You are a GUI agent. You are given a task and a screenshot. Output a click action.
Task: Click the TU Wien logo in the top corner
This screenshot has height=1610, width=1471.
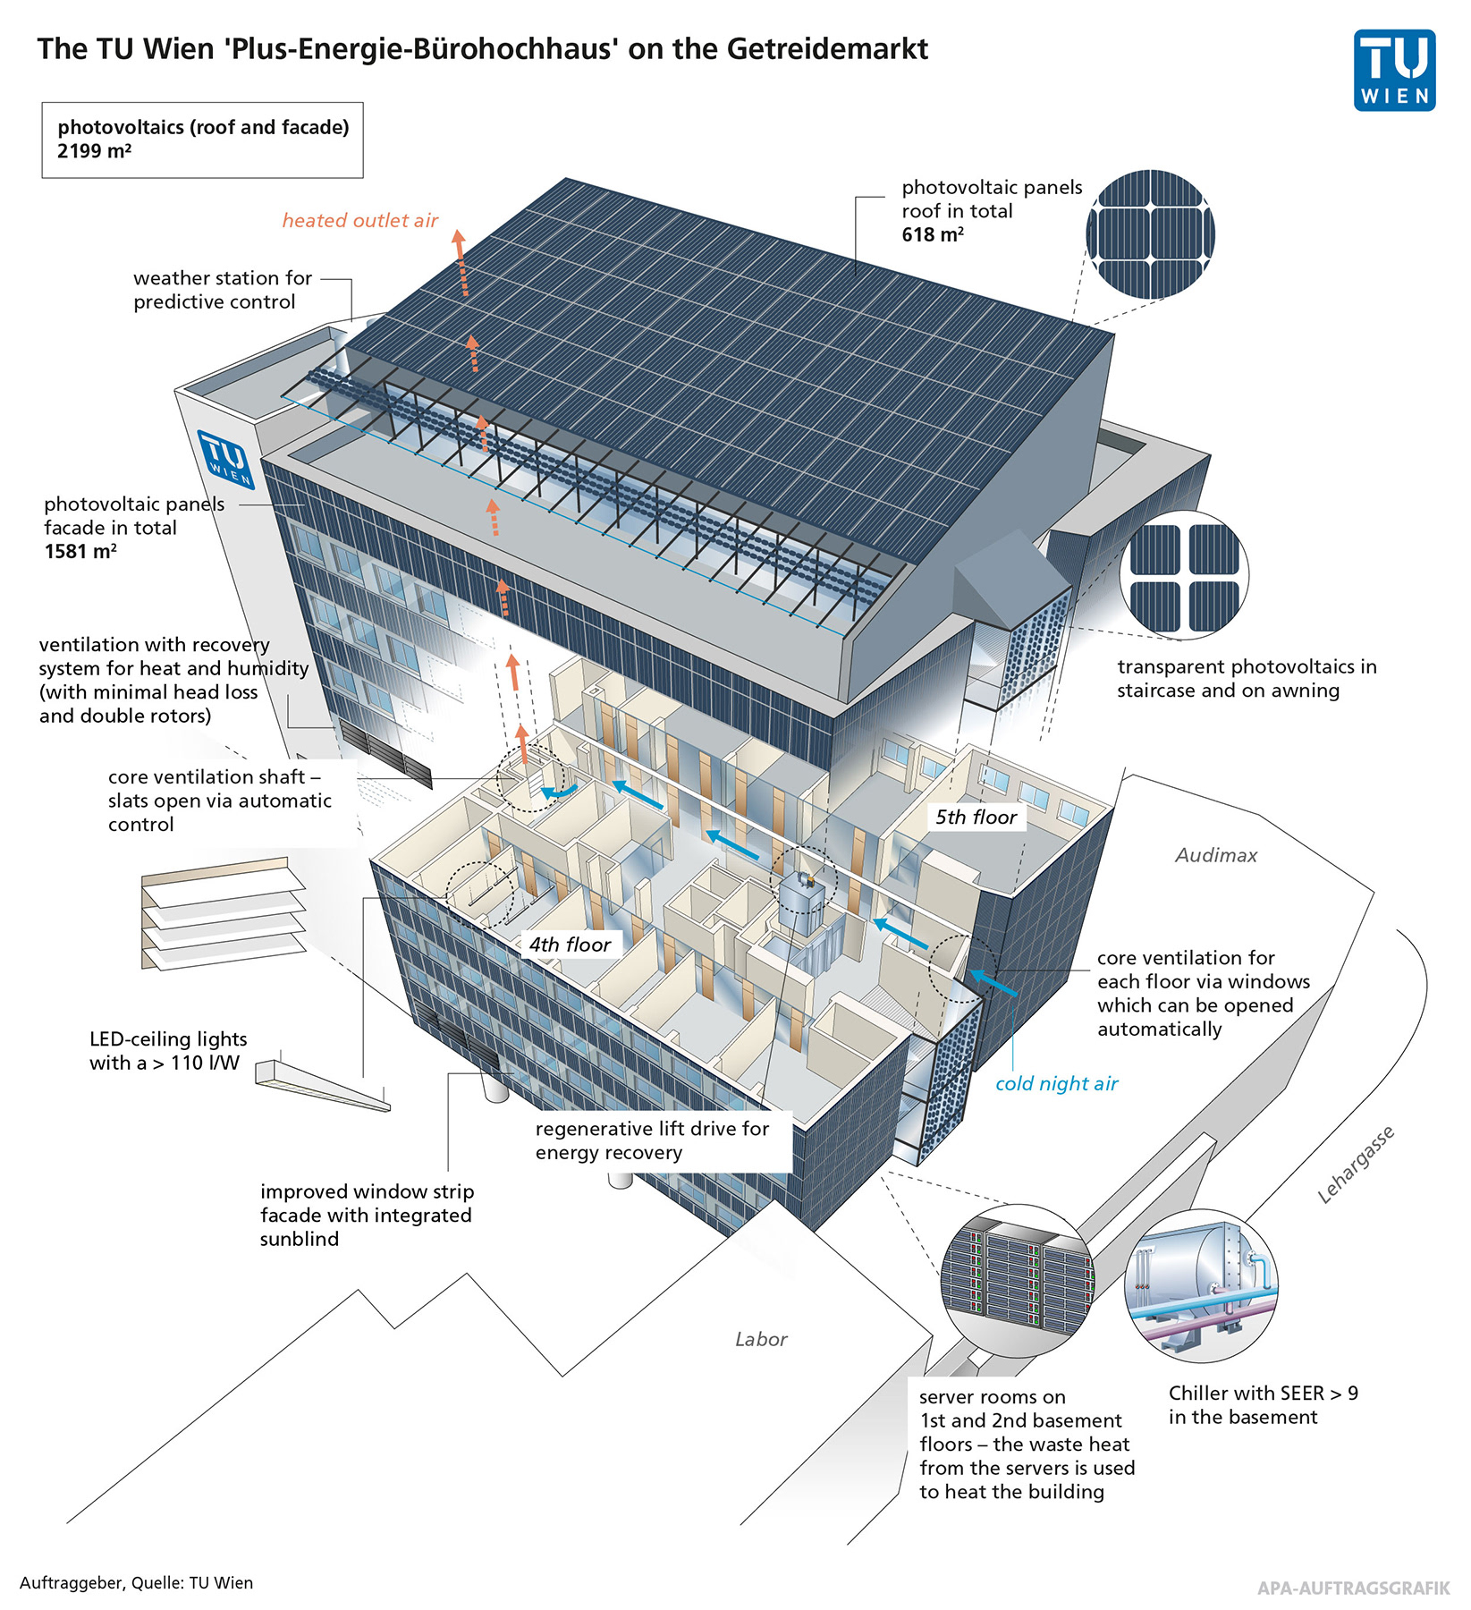point(1394,71)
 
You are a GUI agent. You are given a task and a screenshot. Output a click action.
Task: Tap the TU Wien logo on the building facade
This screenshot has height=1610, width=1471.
point(226,459)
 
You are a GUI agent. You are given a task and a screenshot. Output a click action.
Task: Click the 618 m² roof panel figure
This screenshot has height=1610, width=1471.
point(932,234)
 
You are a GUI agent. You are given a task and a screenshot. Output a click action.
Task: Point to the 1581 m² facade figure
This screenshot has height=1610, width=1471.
point(80,551)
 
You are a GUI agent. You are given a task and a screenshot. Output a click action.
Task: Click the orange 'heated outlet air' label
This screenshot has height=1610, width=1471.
point(360,220)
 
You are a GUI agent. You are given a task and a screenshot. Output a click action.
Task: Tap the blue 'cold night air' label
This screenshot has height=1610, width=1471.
point(1056,1083)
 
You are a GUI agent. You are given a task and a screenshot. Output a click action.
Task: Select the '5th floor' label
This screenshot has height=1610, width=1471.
point(976,817)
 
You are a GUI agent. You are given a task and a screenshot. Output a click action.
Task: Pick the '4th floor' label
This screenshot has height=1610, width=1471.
point(570,945)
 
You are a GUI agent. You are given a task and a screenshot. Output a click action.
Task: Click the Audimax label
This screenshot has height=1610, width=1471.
point(1216,855)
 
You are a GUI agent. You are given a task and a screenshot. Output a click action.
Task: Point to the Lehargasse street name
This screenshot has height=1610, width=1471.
point(1356,1165)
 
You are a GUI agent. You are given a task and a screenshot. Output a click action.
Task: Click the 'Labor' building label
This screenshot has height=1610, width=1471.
point(761,1339)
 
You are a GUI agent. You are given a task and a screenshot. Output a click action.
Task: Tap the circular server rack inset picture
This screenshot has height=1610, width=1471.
point(1019,1278)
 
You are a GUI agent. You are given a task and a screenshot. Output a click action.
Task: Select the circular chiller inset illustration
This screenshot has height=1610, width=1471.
point(1200,1285)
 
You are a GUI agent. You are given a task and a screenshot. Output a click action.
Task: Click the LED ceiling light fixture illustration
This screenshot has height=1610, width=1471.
point(322,1084)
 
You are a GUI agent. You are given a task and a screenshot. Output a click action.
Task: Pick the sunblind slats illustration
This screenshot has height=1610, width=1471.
point(224,914)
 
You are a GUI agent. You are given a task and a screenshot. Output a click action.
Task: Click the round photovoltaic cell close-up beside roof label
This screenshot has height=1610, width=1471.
point(1150,233)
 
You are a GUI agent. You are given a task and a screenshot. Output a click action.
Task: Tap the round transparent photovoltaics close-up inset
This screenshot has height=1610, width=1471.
point(1184,575)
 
